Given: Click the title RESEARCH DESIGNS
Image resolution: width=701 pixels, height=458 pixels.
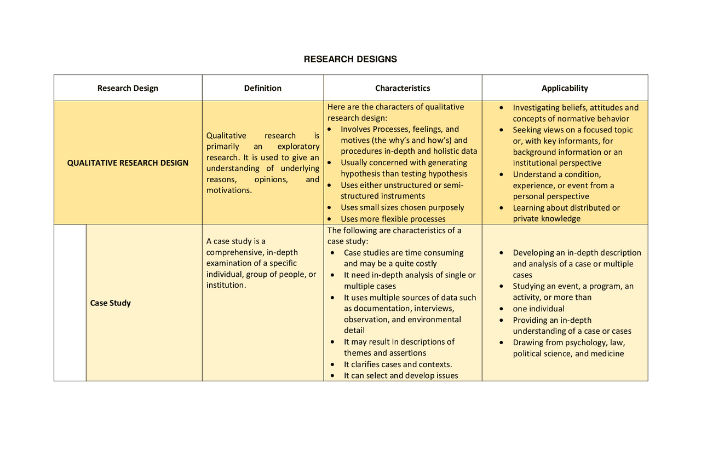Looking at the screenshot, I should [x=350, y=59].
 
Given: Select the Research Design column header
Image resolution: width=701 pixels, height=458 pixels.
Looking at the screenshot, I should [x=128, y=88].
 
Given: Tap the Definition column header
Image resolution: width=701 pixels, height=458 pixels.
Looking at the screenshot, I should [x=263, y=88].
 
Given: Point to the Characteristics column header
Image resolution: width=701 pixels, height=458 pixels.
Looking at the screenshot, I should [x=403, y=88].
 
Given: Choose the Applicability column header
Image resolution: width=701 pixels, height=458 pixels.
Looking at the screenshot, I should [x=565, y=88].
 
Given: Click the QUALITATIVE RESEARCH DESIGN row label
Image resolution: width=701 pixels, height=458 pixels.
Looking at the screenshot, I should [x=128, y=163].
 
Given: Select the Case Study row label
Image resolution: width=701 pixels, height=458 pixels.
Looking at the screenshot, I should [x=111, y=303].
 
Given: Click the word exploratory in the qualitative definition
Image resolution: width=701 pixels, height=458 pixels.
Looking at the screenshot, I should [x=298, y=147].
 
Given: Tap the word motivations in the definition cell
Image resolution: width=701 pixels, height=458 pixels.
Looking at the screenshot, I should [x=229, y=190].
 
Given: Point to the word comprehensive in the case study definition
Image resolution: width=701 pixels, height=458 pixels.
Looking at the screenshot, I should [x=231, y=252].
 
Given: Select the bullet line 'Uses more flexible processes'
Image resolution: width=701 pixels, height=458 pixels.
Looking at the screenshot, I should [x=393, y=219].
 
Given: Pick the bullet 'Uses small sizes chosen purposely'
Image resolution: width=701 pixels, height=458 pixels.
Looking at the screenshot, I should [x=402, y=207].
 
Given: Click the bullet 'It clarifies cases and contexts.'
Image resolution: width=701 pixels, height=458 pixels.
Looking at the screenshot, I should [x=398, y=364].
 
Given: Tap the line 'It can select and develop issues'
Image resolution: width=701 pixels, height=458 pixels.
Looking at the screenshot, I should [x=400, y=375].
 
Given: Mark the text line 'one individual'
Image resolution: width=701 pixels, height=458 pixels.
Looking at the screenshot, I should [x=538, y=309].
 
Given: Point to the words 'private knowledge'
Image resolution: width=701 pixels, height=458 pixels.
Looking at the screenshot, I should [x=546, y=219].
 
